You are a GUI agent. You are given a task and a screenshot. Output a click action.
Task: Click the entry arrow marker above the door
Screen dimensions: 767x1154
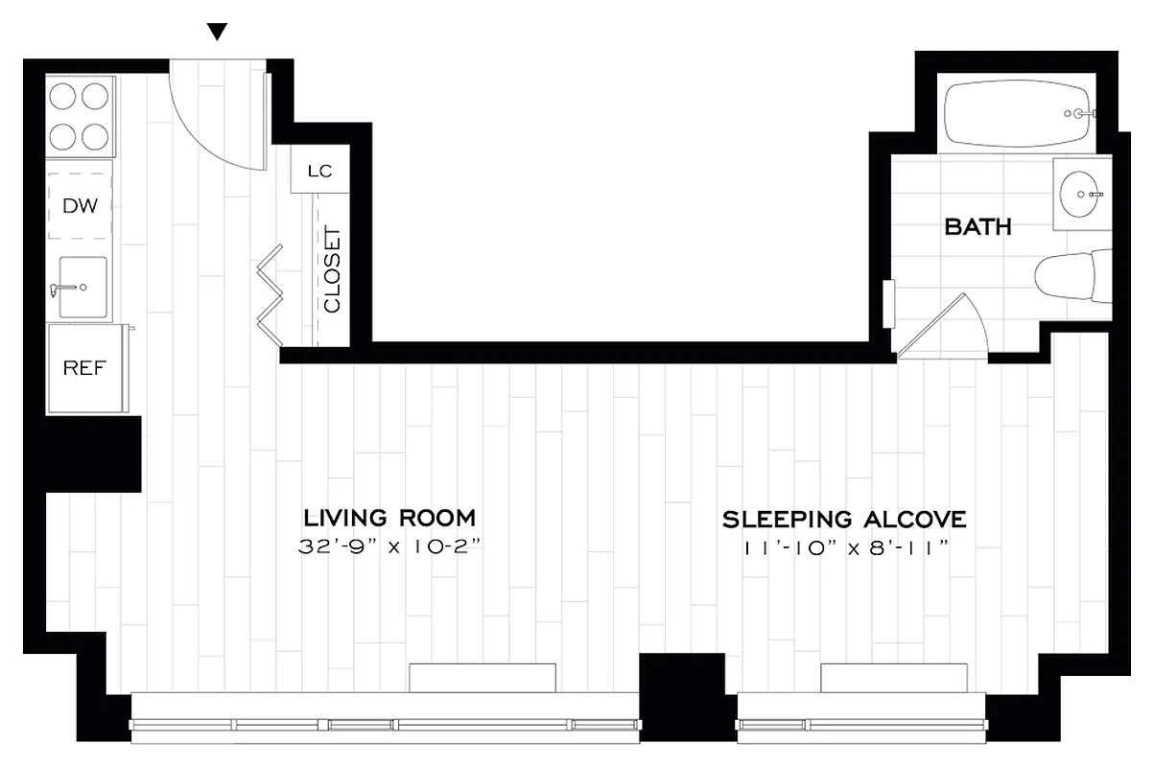pos(218,32)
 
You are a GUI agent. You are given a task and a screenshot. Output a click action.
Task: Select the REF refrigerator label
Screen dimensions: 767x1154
pos(84,368)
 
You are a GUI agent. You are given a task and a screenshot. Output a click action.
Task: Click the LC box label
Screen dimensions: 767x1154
pos(319,172)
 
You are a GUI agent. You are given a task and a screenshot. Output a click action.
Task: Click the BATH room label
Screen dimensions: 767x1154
pos(977,227)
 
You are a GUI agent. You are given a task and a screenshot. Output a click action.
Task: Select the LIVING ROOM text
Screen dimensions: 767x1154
pos(389,519)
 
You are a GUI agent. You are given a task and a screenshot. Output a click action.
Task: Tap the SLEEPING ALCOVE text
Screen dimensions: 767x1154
pos(843,520)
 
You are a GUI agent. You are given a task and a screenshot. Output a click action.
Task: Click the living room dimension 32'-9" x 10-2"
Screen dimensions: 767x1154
pos(389,548)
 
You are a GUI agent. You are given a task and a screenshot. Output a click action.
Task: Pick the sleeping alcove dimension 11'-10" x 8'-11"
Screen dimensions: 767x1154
pos(844,548)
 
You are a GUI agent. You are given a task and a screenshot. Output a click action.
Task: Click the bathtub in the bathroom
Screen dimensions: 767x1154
pos(1018,112)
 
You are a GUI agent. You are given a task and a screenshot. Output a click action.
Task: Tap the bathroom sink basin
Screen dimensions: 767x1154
pos(1081,195)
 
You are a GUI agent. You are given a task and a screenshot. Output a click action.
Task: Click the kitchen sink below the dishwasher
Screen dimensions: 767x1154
pos(82,287)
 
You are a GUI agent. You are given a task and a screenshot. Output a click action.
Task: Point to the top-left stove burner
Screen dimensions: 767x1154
pos(64,97)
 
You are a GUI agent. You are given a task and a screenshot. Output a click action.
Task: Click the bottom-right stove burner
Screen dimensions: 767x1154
pos(96,134)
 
